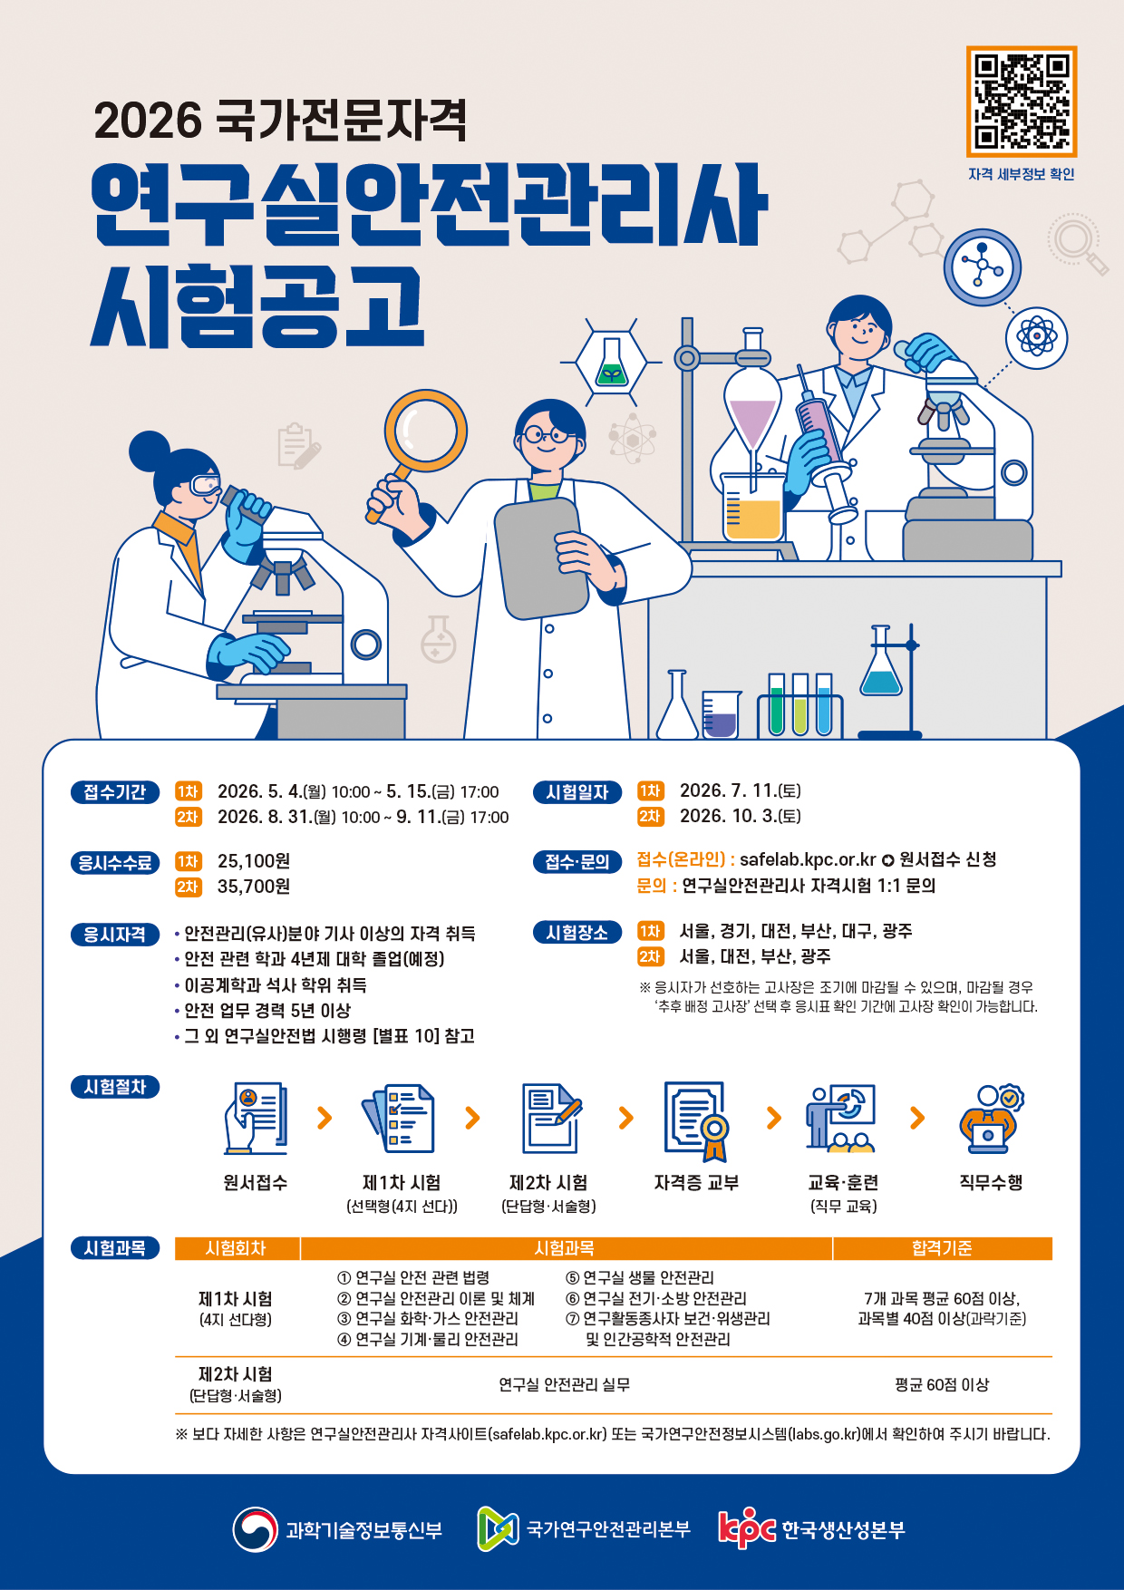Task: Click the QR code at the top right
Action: tap(1021, 102)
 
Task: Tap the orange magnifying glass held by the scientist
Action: tap(425, 432)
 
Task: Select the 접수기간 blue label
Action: tap(115, 792)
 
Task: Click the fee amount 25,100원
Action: tap(254, 861)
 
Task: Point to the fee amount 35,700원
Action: tap(254, 887)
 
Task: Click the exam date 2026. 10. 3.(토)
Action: tap(740, 816)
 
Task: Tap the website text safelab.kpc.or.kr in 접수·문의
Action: tap(807, 859)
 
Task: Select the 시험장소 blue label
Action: tap(577, 933)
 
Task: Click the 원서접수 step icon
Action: tap(256, 1118)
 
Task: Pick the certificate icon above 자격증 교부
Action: tap(696, 1120)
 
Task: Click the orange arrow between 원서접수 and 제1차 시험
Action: tap(325, 1118)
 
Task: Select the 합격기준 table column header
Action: tap(942, 1248)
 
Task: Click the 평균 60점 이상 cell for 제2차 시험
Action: tap(942, 1385)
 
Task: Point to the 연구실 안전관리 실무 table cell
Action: tap(564, 1385)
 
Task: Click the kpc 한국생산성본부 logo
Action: tap(811, 1529)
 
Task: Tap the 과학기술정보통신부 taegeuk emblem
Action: tap(255, 1529)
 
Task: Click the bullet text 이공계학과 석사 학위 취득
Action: tap(275, 984)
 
